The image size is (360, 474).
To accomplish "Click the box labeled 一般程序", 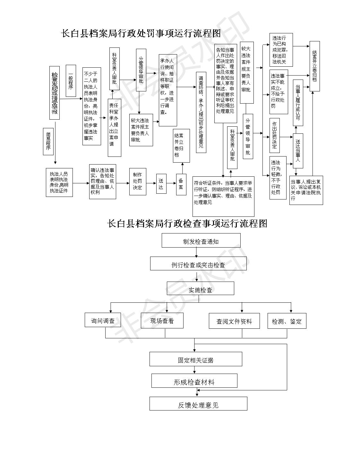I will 71,81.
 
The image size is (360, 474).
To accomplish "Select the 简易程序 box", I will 48,141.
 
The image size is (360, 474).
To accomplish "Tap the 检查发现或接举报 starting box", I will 55,93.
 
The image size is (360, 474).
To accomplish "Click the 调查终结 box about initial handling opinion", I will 201,112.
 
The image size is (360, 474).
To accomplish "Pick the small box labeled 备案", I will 181,184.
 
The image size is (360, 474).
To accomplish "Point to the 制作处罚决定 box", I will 138,181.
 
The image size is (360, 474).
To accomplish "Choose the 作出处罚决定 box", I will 275,135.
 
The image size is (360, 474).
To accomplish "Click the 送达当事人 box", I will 298,151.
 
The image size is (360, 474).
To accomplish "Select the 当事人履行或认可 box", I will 298,103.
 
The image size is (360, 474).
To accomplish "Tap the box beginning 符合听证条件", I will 223,196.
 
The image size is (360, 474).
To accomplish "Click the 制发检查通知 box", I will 201,241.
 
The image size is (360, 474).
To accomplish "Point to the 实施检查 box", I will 200,289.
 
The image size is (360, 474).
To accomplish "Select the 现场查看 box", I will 162,321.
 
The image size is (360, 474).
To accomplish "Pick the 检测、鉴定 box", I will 287,321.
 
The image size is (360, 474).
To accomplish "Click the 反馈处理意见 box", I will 198,404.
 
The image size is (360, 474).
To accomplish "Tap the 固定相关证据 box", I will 196,359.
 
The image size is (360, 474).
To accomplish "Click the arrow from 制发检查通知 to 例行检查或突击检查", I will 197,252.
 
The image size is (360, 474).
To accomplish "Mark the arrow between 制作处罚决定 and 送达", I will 151,184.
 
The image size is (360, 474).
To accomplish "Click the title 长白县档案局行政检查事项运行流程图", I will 187,224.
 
